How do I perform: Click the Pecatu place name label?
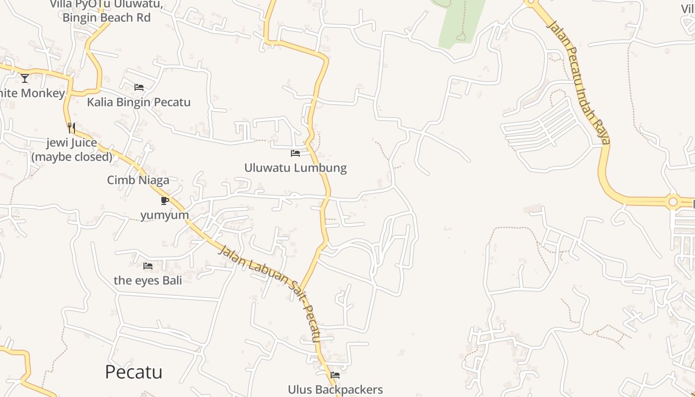pos(134,372)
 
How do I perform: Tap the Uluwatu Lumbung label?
pos(295,168)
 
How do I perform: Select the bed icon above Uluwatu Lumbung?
pos(295,153)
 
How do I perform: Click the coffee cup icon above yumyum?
pos(165,200)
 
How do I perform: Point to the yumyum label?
pos(164,215)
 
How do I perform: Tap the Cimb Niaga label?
pos(138,180)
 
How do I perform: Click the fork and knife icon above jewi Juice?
pos(71,128)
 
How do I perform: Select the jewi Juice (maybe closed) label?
pos(72,150)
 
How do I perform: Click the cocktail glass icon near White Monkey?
pos(25,78)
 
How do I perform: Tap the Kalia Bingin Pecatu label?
pos(139,102)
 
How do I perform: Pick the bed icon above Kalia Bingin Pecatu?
pos(139,87)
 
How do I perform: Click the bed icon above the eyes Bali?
pos(148,266)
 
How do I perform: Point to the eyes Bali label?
pos(148,280)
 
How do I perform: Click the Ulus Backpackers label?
pos(335,390)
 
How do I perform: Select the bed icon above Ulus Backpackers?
pos(335,375)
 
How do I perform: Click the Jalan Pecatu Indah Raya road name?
pos(578,82)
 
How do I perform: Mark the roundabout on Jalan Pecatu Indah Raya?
pos(673,202)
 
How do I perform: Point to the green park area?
pos(459,22)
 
